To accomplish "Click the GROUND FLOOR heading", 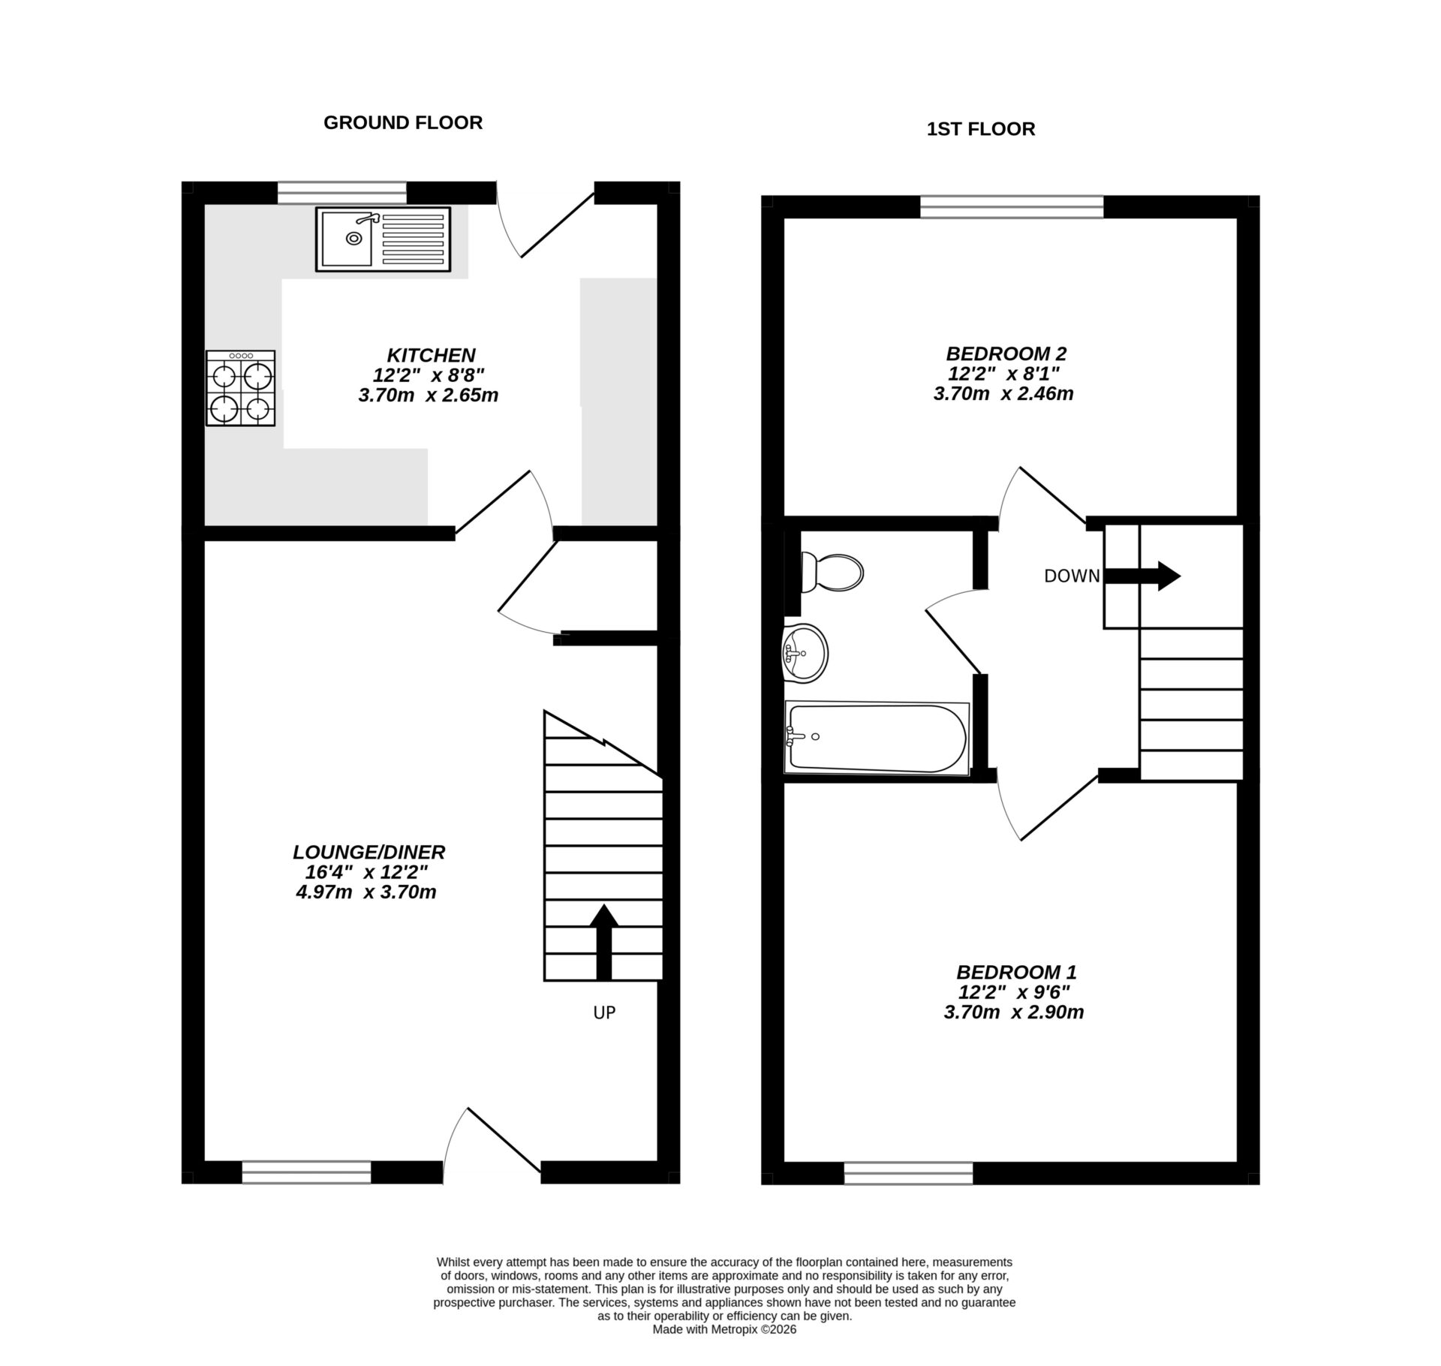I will click(x=402, y=122).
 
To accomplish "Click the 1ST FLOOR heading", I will click(x=980, y=129).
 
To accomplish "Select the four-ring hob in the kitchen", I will click(x=240, y=388).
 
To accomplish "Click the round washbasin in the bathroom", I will click(x=805, y=653).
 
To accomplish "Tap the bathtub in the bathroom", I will click(x=876, y=738).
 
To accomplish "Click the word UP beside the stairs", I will click(x=604, y=1012).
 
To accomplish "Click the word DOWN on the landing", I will click(x=1072, y=576).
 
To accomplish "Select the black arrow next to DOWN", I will click(x=1143, y=576).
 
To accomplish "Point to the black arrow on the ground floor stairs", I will click(x=603, y=941).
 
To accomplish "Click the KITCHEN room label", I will click(x=431, y=355).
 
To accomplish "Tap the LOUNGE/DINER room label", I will click(x=369, y=852).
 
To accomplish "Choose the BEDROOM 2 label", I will click(x=1006, y=354).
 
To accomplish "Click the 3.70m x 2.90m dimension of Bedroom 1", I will click(x=1013, y=1012).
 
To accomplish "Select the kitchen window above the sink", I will click(x=341, y=193).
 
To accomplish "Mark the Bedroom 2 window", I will click(x=1011, y=206).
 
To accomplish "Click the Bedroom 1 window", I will click(x=908, y=1172).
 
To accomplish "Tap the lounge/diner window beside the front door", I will click(x=306, y=1172).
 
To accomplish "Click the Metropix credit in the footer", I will click(x=724, y=1329).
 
